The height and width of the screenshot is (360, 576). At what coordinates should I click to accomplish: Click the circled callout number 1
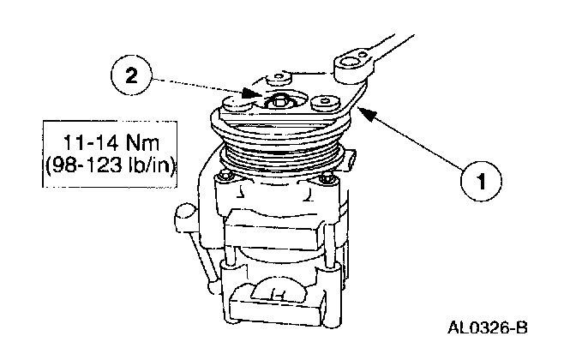[x=483, y=182]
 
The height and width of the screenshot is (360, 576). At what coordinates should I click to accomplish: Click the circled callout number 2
[x=130, y=75]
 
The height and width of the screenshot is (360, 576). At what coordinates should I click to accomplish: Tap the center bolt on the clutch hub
[x=279, y=102]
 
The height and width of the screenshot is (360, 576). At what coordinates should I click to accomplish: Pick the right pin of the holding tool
[x=324, y=102]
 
